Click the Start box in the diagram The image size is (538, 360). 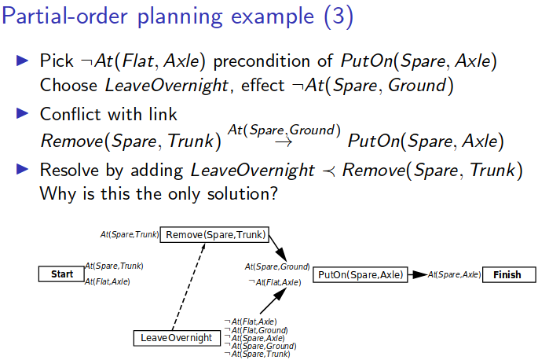(61, 274)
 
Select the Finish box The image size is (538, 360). (507, 274)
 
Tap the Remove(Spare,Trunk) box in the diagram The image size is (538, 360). (214, 234)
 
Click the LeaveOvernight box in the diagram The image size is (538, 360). (177, 338)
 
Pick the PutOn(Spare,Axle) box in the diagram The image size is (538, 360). (360, 274)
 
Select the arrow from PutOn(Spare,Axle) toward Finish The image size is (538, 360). (417, 274)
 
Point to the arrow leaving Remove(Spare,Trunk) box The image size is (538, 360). (278, 251)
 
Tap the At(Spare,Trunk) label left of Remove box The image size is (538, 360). (129, 234)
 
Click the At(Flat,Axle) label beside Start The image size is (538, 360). (108, 281)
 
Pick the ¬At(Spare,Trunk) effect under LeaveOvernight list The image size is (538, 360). (257, 354)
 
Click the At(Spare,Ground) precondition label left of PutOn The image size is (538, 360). (277, 267)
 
